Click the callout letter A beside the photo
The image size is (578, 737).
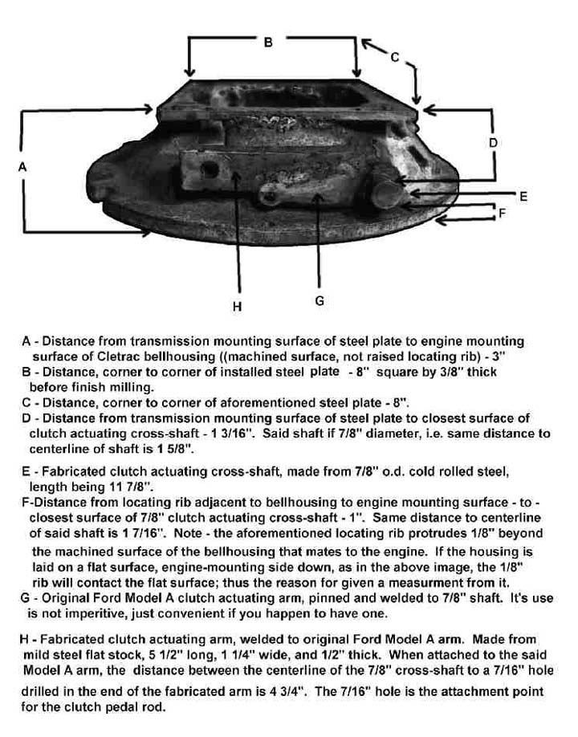[22, 166]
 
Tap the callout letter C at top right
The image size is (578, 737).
[394, 57]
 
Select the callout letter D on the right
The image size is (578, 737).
[493, 142]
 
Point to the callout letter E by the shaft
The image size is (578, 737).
[523, 196]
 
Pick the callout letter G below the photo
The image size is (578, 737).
[320, 301]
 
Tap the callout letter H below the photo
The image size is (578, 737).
[237, 305]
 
